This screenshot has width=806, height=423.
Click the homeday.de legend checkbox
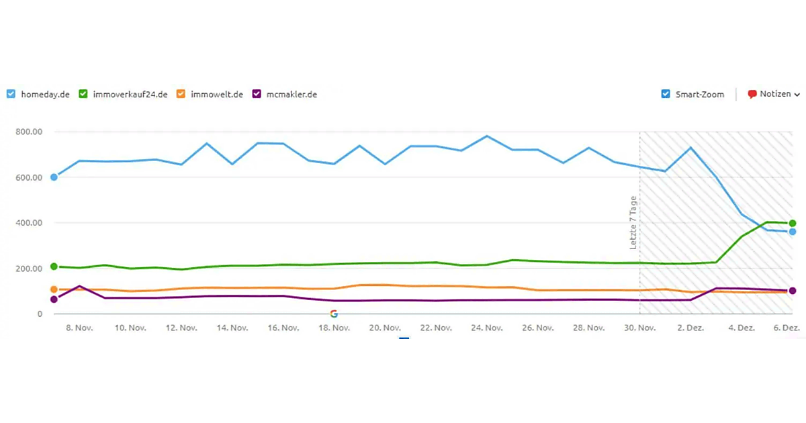pos(11,94)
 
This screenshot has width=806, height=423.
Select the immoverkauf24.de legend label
pos(128,95)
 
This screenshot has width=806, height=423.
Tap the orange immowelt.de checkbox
pos(181,94)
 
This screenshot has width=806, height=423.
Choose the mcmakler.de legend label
pos(292,95)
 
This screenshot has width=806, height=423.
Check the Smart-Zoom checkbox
pos(666,94)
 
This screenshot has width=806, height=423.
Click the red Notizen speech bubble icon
pos(752,95)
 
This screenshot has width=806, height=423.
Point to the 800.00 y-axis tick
pos(29,132)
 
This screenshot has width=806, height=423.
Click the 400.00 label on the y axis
pos(29,223)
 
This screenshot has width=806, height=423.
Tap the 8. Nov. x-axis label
pos(79,328)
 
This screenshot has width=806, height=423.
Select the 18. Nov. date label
pos(334,328)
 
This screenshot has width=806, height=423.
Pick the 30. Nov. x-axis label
pos(639,328)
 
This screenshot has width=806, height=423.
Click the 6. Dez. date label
pos(787,328)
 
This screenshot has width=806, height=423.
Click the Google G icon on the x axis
pos(334,314)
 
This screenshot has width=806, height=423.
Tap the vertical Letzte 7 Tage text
pos(633,223)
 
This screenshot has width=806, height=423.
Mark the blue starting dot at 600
pos(54,177)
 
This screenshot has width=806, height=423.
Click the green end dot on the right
pos(793,223)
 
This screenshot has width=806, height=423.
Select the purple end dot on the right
pos(793,291)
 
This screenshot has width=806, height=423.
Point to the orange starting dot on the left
pos(54,289)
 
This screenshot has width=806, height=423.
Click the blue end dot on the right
pos(793,232)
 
